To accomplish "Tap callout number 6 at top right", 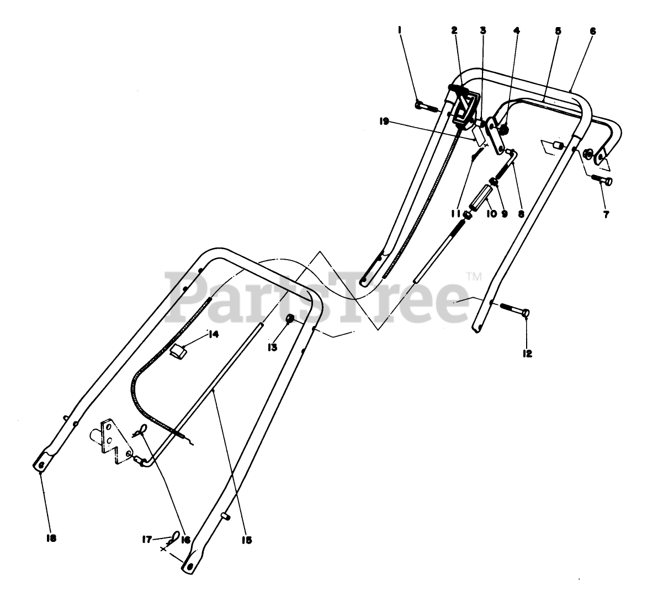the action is (x=592, y=31).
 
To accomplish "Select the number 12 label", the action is (x=527, y=354).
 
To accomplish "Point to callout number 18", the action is (x=51, y=537).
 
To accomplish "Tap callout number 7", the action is (x=606, y=215).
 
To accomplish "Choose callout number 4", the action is (x=516, y=31).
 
